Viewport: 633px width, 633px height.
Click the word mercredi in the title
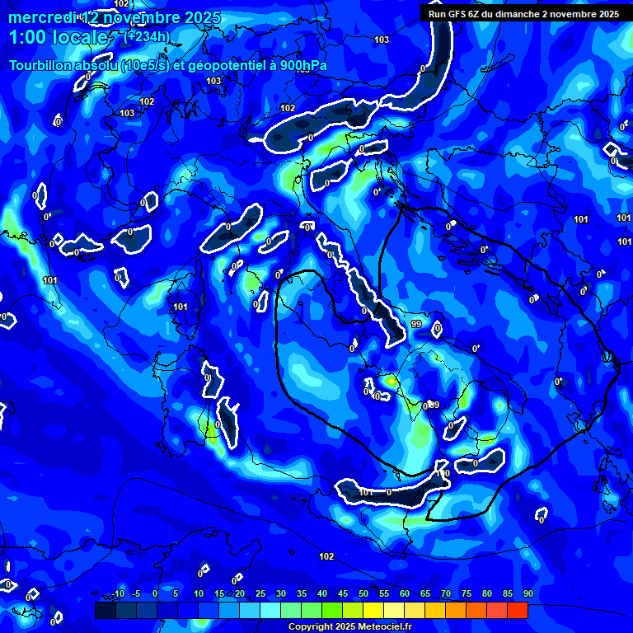click(x=41, y=17)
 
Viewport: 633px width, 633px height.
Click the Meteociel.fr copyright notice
click(x=349, y=627)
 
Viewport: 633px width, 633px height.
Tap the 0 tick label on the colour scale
click(x=155, y=593)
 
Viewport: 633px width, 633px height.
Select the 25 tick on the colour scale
click(x=260, y=593)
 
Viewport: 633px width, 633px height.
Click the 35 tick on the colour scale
click(x=301, y=593)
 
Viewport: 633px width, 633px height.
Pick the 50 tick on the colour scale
click(x=363, y=593)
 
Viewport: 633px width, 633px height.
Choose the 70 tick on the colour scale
click(x=445, y=593)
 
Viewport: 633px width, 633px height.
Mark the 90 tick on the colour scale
click(x=527, y=593)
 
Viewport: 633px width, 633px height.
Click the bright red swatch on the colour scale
click(x=517, y=610)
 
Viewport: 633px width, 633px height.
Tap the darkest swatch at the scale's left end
click(x=105, y=610)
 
